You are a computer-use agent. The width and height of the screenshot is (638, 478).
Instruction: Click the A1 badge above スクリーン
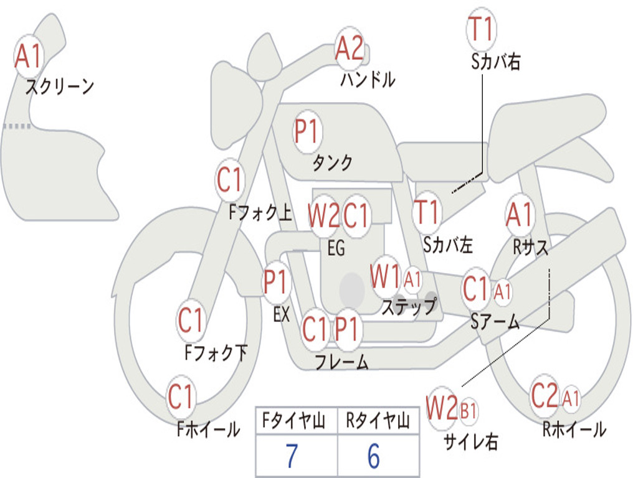click(28, 57)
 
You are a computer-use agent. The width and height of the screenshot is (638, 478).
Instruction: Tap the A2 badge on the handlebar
click(350, 49)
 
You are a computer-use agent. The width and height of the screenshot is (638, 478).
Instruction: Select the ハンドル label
click(368, 80)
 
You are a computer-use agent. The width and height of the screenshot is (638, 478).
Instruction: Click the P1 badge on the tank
click(307, 133)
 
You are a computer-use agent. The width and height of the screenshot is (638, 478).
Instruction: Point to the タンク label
click(332, 163)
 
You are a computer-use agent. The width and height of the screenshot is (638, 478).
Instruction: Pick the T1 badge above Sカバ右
click(481, 29)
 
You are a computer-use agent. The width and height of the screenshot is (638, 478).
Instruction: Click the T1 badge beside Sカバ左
click(427, 212)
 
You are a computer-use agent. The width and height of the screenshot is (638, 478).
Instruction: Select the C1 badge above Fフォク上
click(230, 180)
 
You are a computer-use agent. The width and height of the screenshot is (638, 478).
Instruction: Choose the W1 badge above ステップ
click(385, 277)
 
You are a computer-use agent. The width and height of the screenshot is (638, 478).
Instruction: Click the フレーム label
click(341, 362)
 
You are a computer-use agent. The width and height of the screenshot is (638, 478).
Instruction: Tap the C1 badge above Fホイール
click(181, 396)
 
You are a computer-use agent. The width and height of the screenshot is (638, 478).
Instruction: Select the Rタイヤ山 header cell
click(378, 422)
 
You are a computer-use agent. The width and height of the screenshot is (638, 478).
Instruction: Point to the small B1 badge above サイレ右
click(469, 411)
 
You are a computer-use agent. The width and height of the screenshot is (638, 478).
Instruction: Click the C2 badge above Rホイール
click(545, 396)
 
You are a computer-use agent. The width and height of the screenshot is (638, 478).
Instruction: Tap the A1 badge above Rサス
click(519, 215)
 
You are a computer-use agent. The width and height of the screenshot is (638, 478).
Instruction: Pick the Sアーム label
click(495, 322)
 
